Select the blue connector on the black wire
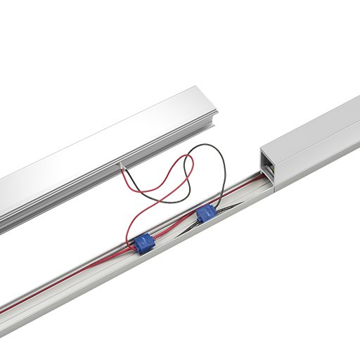tap(206, 213)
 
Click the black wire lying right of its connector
tap(229, 205)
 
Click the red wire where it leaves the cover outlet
tap(125, 176)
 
